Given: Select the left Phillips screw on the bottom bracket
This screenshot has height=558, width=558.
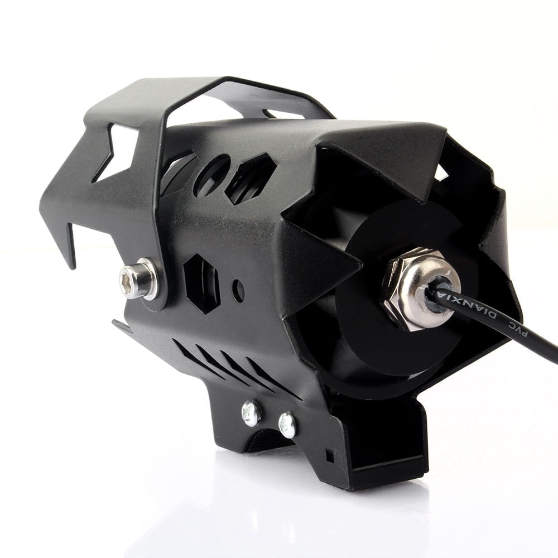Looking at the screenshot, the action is click(x=252, y=412).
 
